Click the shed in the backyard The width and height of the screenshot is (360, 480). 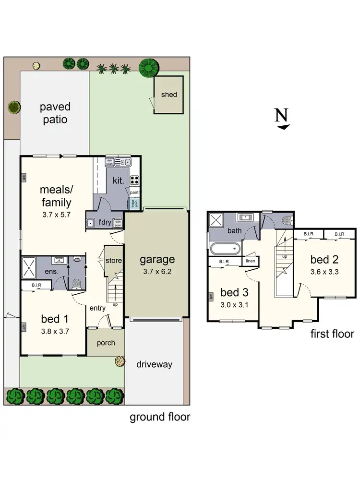[168, 95]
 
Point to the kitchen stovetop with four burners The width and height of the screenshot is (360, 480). [134, 180]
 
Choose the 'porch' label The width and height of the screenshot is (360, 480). [105, 343]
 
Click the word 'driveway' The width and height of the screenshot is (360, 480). [154, 364]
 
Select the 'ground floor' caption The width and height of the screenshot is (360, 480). [160, 417]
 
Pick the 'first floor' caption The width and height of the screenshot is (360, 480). [332, 334]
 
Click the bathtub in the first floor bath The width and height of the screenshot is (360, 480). [225, 249]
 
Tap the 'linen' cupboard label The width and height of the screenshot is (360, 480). [251, 261]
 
